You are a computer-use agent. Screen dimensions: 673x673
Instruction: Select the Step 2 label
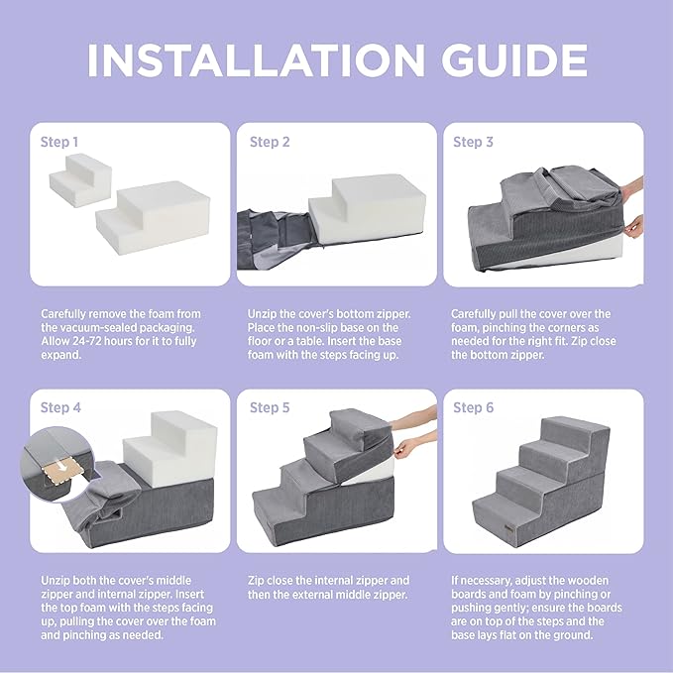click(270, 142)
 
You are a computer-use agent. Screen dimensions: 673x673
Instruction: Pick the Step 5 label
click(270, 407)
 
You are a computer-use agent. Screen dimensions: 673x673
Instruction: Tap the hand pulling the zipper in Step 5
click(403, 448)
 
